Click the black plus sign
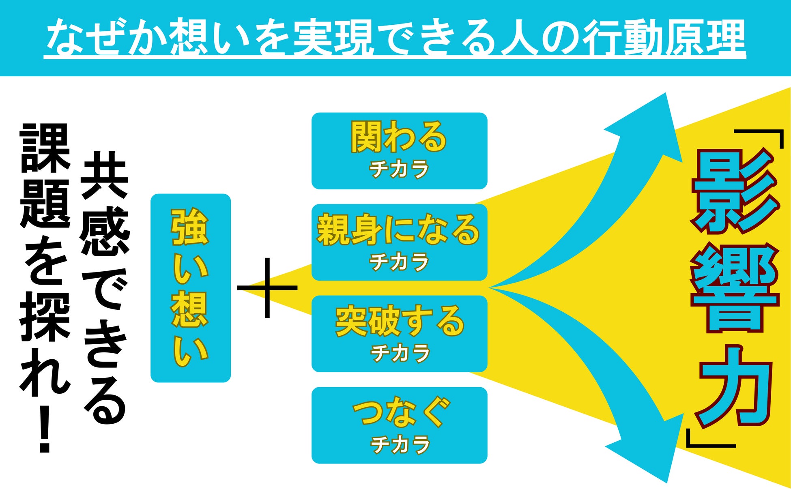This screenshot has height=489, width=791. click(267, 288)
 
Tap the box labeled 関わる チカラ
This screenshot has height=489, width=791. click(399, 151)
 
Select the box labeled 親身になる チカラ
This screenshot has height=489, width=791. click(399, 242)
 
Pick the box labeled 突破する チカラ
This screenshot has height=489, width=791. click(399, 334)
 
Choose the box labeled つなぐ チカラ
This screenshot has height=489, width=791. click(399, 425)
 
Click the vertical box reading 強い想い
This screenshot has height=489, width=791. click(190, 288)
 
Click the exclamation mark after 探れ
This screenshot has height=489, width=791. click(44, 430)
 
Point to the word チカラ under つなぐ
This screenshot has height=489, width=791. click(400, 444)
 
